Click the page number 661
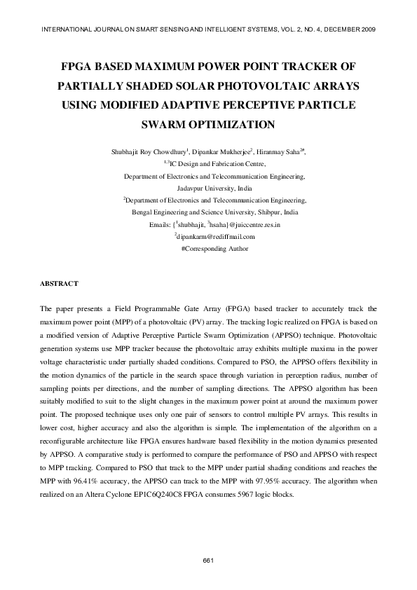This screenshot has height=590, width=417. [x=208, y=560]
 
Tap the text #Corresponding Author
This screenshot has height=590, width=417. [x=208, y=249]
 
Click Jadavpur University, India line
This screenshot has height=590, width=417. [x=208, y=188]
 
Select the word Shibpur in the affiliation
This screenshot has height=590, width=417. [x=263, y=212]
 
